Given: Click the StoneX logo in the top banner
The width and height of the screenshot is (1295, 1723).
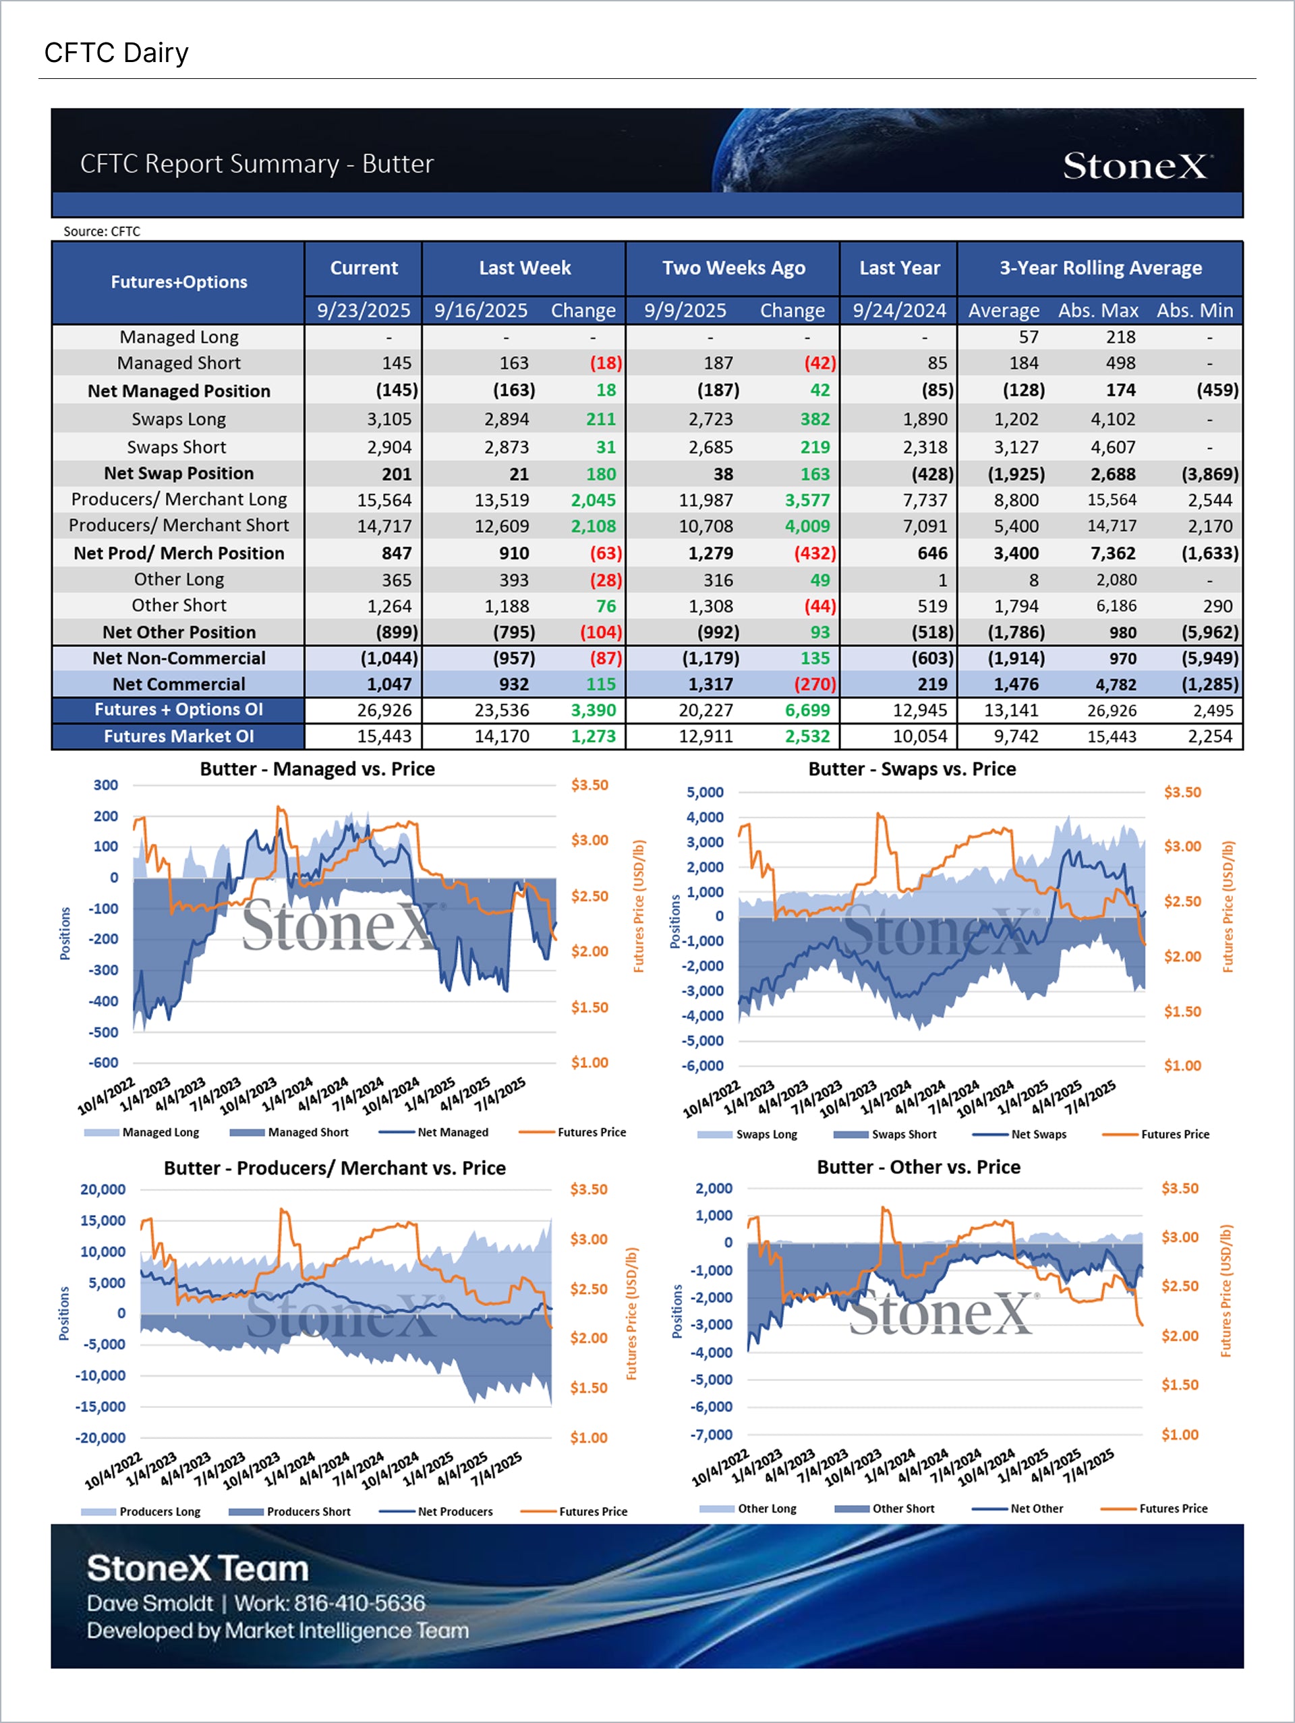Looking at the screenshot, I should pyautogui.click(x=1136, y=166).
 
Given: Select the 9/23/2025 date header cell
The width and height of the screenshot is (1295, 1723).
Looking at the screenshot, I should pyautogui.click(x=363, y=310).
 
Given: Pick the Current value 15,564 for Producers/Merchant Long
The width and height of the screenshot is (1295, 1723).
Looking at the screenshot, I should pyautogui.click(x=384, y=500).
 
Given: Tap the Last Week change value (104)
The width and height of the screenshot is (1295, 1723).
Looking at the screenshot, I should pyautogui.click(x=600, y=631).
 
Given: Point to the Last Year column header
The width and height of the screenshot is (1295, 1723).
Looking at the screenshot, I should pyautogui.click(x=898, y=268).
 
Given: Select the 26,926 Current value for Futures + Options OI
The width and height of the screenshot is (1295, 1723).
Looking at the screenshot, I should pyautogui.click(x=384, y=710).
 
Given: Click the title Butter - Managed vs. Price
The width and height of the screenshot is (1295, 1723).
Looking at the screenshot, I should pyautogui.click(x=317, y=769).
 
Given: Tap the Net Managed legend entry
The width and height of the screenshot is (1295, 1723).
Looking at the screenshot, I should pyautogui.click(x=453, y=1132).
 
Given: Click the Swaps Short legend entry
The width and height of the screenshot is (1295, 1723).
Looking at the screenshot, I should pyautogui.click(x=903, y=1134).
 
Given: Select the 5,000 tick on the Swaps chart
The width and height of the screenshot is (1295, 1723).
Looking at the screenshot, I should pyautogui.click(x=705, y=792).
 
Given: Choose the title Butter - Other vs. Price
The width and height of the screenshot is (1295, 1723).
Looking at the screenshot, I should pyautogui.click(x=918, y=1167).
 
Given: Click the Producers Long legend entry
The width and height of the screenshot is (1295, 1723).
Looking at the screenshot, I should pyautogui.click(x=159, y=1511).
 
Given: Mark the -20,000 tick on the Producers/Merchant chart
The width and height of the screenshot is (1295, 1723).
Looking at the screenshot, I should pyautogui.click(x=100, y=1438).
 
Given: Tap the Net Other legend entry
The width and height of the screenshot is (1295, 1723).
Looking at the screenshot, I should pyautogui.click(x=1036, y=1508).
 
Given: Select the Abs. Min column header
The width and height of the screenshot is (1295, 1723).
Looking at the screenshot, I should pyautogui.click(x=1194, y=310).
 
